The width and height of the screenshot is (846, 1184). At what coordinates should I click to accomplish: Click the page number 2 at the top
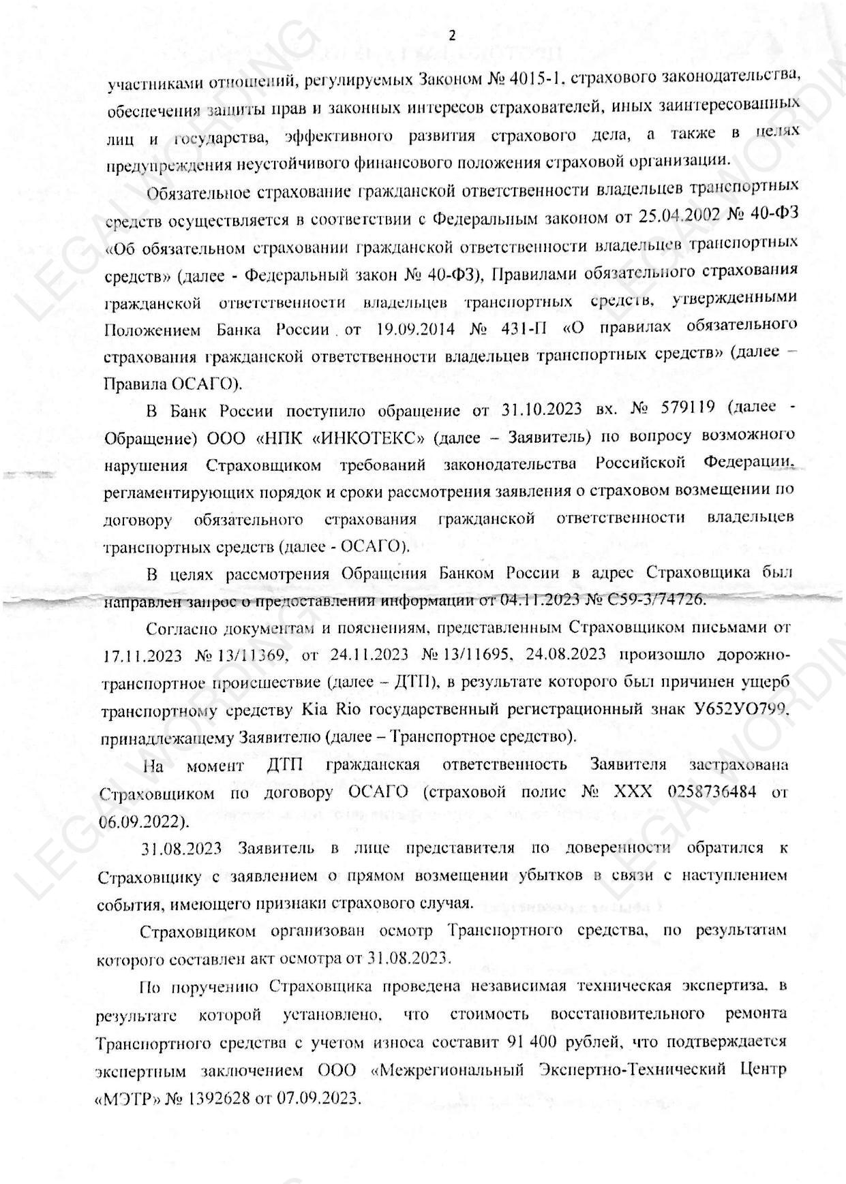pyautogui.click(x=451, y=35)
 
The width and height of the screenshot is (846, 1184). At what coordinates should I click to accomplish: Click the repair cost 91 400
pyautogui.click(x=537, y=1042)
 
